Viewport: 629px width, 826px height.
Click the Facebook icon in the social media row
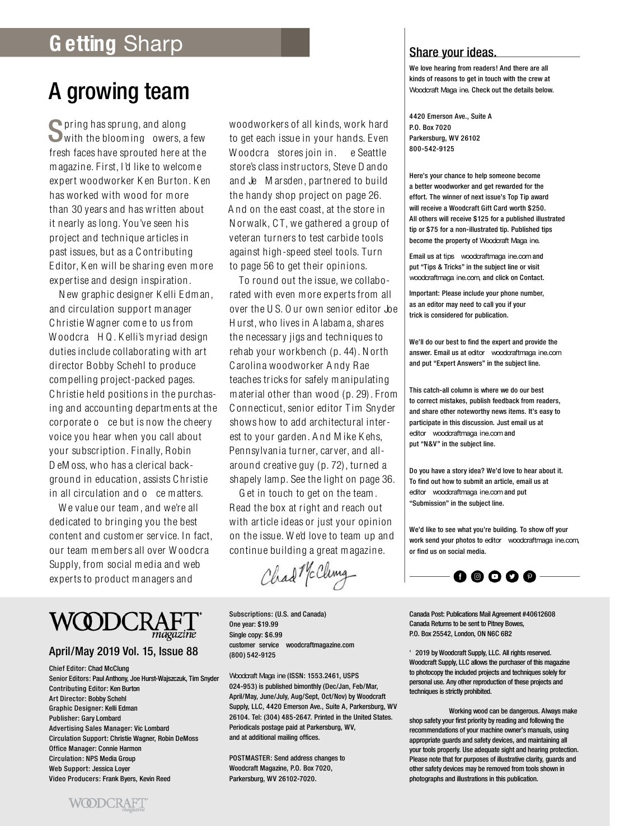click(460, 576)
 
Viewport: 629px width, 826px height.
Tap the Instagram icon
click(477, 576)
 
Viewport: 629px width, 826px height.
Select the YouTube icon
click(495, 576)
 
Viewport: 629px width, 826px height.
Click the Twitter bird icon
click(512, 576)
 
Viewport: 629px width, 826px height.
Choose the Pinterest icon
click(529, 576)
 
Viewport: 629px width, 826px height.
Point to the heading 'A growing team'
click(119, 91)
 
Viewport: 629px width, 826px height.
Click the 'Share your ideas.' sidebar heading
click(453, 53)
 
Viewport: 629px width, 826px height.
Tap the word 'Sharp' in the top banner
click(153, 44)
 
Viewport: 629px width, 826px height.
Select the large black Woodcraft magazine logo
click(125, 624)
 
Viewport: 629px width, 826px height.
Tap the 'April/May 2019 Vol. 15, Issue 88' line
click(123, 651)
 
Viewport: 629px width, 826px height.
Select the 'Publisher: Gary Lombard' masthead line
click(85, 718)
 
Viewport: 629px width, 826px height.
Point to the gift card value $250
click(535, 208)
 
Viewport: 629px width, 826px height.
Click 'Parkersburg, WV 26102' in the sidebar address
click(436, 138)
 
